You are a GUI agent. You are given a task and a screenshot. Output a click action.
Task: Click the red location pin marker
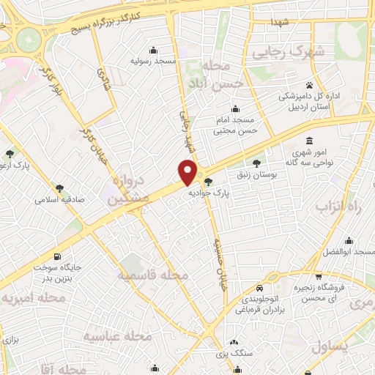(x=188, y=171)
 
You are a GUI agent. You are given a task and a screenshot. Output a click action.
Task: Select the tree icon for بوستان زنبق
(x=256, y=163)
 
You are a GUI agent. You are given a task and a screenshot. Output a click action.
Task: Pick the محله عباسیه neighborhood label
(x=117, y=336)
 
